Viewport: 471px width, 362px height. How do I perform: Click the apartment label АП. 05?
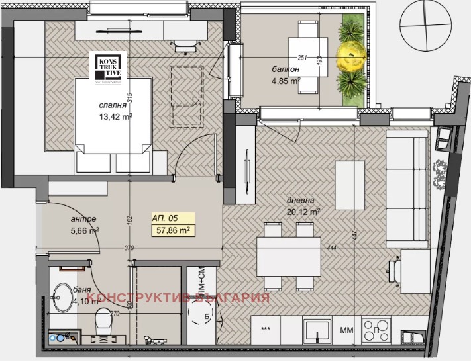[166, 218]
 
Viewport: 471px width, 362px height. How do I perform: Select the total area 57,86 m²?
[174, 230]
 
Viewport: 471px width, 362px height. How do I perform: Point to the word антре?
[83, 219]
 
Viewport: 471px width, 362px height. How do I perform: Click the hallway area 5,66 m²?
[84, 231]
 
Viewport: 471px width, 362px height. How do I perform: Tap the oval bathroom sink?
[65, 299]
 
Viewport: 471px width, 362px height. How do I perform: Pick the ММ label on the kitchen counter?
[346, 329]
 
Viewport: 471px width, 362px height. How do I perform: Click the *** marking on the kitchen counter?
[266, 329]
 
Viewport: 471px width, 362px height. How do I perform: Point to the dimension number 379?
[129, 248]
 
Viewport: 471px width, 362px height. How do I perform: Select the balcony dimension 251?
[304, 58]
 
